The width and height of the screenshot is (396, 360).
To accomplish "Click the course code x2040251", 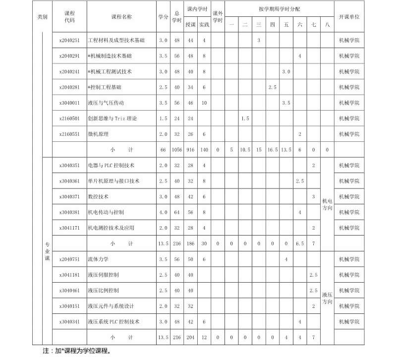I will pyautogui.click(x=69, y=40).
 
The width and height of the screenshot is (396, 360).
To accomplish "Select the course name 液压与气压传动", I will pyautogui.click(x=106, y=103).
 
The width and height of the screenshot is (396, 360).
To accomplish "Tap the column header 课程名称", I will pyautogui.click(x=121, y=16).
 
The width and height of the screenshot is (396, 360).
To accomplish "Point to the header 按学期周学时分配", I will pyautogui.click(x=279, y=9).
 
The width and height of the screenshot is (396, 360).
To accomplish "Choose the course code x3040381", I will pyautogui.click(x=69, y=212).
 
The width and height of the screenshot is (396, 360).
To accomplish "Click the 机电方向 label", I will pyautogui.click(x=327, y=205).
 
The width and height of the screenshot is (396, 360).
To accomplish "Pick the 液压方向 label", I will pyautogui.click(x=327, y=298).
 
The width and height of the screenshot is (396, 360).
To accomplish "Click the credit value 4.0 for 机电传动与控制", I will pyautogui.click(x=163, y=212).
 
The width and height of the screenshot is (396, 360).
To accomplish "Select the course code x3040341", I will pyautogui.click(x=69, y=322).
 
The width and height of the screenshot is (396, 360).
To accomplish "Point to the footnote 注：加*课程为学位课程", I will pyautogui.click(x=76, y=352).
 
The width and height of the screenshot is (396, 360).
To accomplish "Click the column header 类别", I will pyautogui.click(x=42, y=16).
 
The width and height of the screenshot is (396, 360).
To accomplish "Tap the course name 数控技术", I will pyautogui.click(x=98, y=197).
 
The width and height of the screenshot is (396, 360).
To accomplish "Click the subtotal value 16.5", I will pyautogui.click(x=272, y=150).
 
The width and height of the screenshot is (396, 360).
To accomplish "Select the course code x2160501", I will pyautogui.click(x=69, y=119).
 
